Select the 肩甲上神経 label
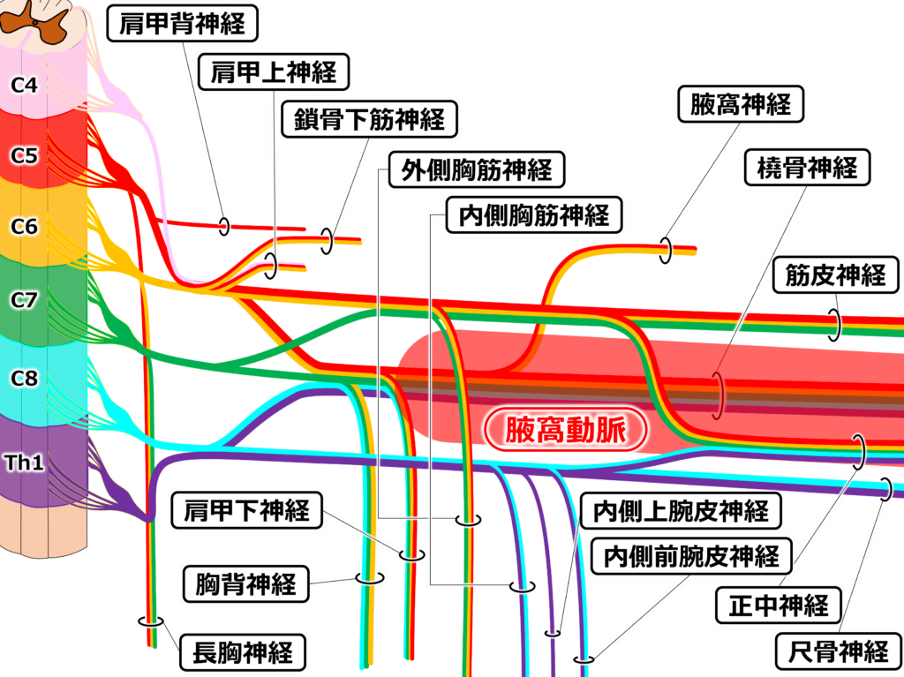coord(274,71)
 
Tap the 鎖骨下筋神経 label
coord(370,118)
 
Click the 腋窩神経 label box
coord(740,105)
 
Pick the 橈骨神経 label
coord(807,166)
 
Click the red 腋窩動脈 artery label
coord(565,430)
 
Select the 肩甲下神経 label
coord(246,510)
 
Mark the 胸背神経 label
coord(246,583)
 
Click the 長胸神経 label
coord(242,654)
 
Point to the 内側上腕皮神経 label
coord(681,510)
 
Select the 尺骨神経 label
coord(838,652)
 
